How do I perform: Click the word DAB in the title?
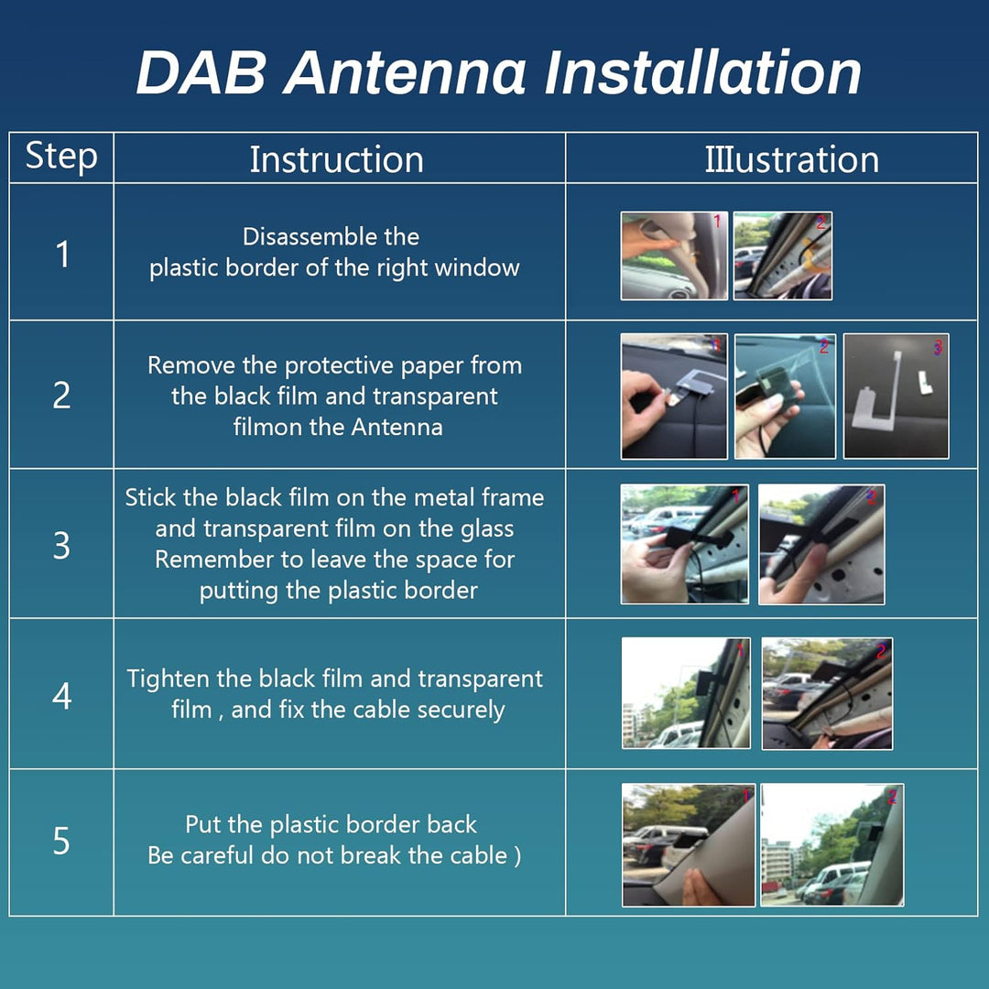(x=201, y=72)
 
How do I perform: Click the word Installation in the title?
(x=702, y=72)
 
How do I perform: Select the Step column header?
(x=61, y=158)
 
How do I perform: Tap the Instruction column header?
(x=336, y=159)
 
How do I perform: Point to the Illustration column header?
(x=791, y=159)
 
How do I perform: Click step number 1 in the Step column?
(x=62, y=255)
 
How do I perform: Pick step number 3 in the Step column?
(x=61, y=545)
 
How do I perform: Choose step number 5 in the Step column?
(x=61, y=841)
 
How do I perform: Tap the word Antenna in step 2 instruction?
(x=397, y=427)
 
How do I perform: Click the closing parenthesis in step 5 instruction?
(x=517, y=855)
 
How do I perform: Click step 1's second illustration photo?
(x=783, y=255)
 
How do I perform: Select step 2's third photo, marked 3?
(x=897, y=397)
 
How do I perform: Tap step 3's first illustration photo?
(x=685, y=544)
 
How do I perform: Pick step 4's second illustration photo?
(x=827, y=693)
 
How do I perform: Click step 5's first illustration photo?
(x=688, y=844)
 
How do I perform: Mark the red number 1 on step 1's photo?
(x=716, y=222)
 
